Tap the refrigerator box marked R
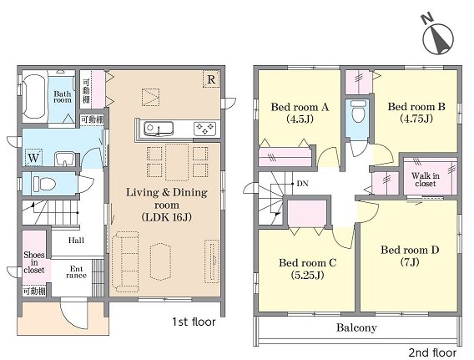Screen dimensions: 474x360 coord(211,79)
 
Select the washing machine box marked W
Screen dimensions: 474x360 coord(33,157)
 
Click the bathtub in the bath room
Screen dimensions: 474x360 coord(35,97)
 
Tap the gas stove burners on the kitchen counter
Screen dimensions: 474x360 coord(204,129)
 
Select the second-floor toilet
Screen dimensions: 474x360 coord(358,111)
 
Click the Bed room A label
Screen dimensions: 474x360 coord(300,113)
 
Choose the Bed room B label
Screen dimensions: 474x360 coord(416,112)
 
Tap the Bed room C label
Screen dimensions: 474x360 coord(307,269)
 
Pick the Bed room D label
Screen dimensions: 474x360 coord(410,256)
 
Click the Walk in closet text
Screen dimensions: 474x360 coord(426,180)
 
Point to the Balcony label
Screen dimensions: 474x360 coord(356,327)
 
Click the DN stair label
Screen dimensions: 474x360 coord(302,184)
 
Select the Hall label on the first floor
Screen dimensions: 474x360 coord(76,241)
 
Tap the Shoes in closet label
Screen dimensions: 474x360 coord(34,262)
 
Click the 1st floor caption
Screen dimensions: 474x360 coord(194,322)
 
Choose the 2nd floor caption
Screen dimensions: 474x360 coord(432,352)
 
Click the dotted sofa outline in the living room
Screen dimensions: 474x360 coord(125,261)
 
